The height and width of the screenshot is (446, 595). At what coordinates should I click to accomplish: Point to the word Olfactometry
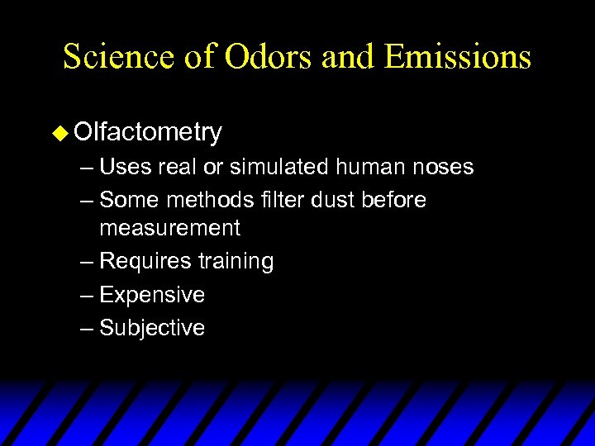pyautogui.click(x=147, y=133)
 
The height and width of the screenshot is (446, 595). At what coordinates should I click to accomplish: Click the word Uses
pyautogui.click(x=124, y=168)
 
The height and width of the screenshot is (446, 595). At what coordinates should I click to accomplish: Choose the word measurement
pyautogui.click(x=169, y=228)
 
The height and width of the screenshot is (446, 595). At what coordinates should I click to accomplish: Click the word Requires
pyautogui.click(x=145, y=262)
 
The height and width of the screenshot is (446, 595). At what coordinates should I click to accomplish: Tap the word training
pyautogui.click(x=236, y=262)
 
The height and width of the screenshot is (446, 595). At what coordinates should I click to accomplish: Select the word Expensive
pyautogui.click(x=152, y=295)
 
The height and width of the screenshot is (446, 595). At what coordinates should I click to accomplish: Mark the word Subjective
pyautogui.click(x=152, y=328)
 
